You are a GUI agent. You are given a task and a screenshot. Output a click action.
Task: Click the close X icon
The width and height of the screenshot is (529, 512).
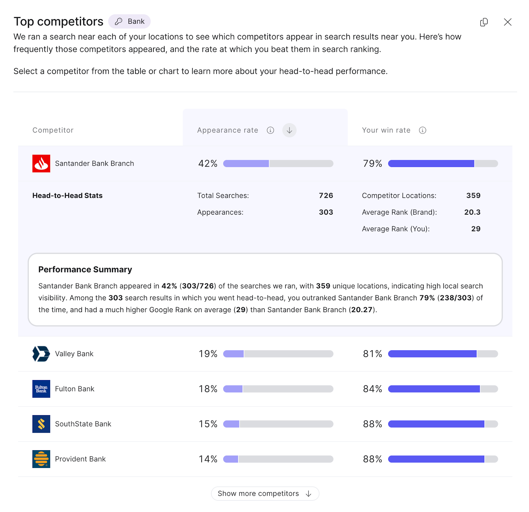pyautogui.click(x=508, y=22)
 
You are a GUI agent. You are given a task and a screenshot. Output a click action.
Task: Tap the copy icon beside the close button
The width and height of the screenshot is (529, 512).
pyautogui.click(x=484, y=22)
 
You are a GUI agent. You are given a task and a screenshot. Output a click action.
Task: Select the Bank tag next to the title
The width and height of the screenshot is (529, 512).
pyautogui.click(x=130, y=21)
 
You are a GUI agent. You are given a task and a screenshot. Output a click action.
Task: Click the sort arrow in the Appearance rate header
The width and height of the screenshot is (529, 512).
pyautogui.click(x=289, y=130)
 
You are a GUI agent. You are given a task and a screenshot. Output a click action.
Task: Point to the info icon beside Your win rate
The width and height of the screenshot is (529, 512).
pyautogui.click(x=423, y=130)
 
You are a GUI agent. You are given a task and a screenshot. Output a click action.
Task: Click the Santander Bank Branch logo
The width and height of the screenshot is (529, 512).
pyautogui.click(x=41, y=163)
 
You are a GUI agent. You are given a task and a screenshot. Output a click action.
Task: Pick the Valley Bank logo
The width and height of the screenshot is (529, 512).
pyautogui.click(x=41, y=354)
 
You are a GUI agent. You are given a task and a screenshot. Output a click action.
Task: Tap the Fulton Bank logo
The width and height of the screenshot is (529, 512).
pyautogui.click(x=41, y=389)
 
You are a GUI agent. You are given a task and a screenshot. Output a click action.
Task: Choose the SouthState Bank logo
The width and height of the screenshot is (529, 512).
pyautogui.click(x=41, y=424)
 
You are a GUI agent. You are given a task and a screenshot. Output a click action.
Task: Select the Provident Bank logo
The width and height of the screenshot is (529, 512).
pyautogui.click(x=41, y=459)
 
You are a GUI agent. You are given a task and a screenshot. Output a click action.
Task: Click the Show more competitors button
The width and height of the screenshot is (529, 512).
pyautogui.click(x=265, y=493)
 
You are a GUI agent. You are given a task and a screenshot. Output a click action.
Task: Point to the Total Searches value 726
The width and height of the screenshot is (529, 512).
pyautogui.click(x=326, y=195)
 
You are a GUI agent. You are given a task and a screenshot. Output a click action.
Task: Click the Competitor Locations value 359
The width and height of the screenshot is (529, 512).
pyautogui.click(x=473, y=195)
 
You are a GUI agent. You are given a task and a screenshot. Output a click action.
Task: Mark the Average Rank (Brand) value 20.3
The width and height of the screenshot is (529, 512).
pyautogui.click(x=472, y=212)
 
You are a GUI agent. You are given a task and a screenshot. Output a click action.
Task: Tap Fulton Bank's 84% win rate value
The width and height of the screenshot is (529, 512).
pyautogui.click(x=372, y=389)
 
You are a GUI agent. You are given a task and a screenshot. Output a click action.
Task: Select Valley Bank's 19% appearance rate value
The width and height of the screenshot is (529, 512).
pyautogui.click(x=208, y=354)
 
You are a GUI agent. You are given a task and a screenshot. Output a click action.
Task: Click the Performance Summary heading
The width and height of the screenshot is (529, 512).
pyautogui.click(x=85, y=270)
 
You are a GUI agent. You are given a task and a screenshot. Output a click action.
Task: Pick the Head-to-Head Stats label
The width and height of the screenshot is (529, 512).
pyautogui.click(x=67, y=195)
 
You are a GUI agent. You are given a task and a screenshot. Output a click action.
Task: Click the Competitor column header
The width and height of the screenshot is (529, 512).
pyautogui.click(x=53, y=130)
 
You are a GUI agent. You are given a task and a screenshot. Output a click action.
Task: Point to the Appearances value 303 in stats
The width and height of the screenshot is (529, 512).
pyautogui.click(x=326, y=212)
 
